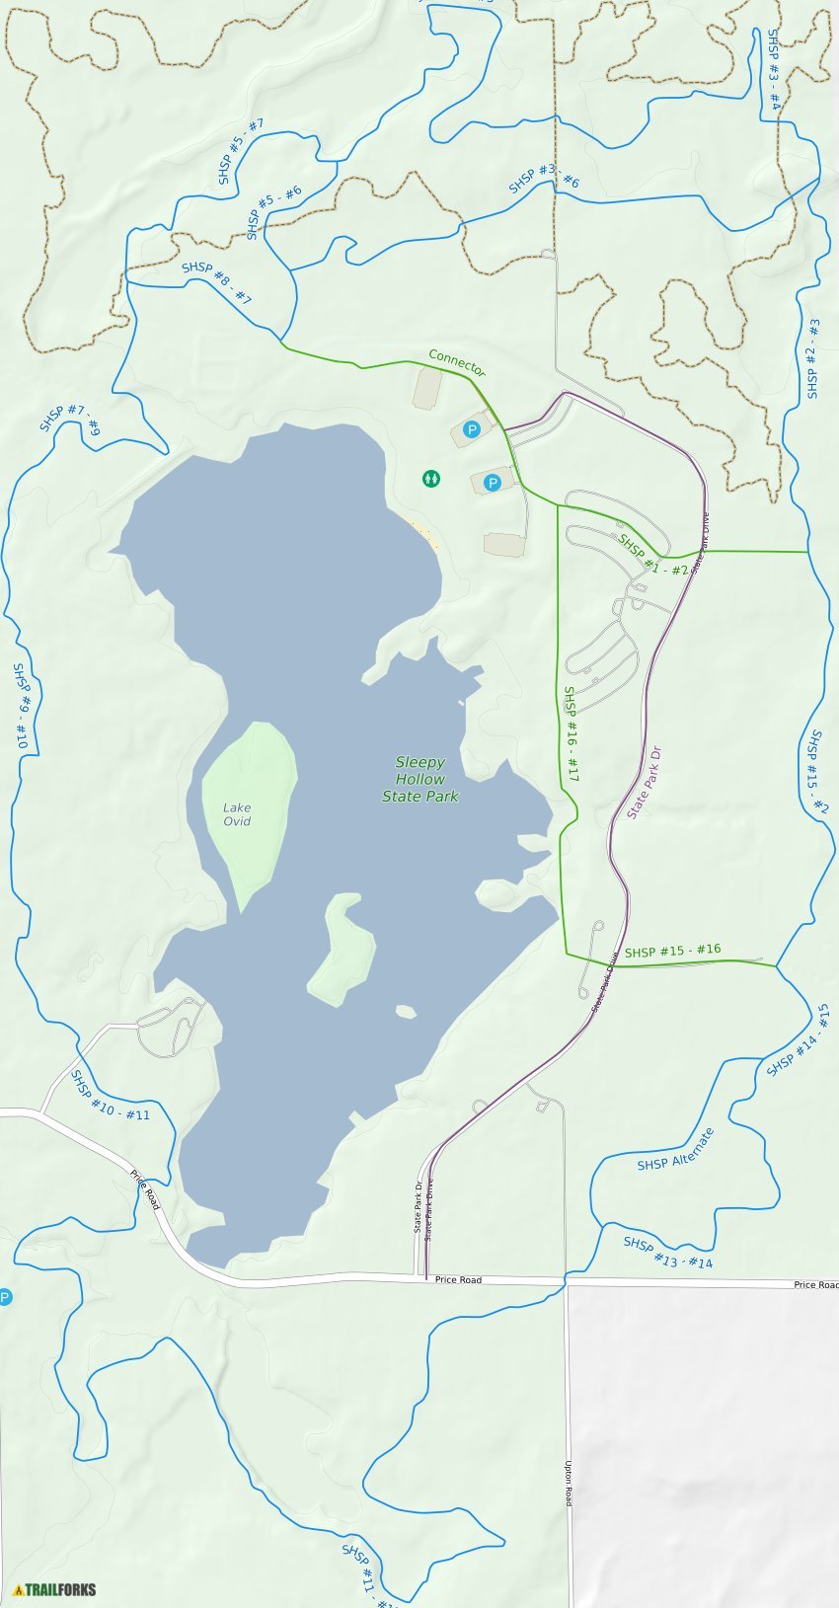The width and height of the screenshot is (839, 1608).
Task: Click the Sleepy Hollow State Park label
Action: pos(420,779)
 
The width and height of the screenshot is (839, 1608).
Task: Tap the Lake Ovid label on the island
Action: pos(237,814)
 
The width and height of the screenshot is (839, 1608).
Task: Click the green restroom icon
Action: pos(431,479)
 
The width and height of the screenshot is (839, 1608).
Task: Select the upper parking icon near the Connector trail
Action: pos(472,429)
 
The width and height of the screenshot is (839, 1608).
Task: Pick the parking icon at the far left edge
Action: pos(5,1297)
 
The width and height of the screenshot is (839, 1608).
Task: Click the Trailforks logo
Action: pos(54,1589)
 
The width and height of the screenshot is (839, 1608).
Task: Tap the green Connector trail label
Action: pos(457,362)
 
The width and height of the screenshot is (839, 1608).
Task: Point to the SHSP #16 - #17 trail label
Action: pos(571,733)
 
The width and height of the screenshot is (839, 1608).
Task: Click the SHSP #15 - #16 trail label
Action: pos(672,951)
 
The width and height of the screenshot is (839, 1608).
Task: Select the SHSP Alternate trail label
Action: pos(676,1150)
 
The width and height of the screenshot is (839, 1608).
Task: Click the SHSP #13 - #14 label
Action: pos(667,1253)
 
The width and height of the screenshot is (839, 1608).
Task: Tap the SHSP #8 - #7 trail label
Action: pos(216,283)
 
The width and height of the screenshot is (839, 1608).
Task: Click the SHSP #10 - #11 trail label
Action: pos(111,1096)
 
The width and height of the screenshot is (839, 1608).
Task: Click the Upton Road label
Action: pos(569,1483)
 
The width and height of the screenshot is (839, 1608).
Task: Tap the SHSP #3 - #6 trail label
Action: pos(544,179)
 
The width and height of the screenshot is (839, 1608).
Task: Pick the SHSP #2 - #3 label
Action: pos(812,358)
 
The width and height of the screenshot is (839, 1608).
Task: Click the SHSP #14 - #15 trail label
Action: pos(799,1039)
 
